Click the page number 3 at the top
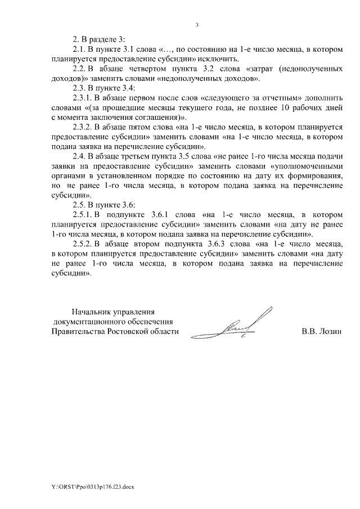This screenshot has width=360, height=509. [x=197, y=25]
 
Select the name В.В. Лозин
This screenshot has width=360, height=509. [x=322, y=332]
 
